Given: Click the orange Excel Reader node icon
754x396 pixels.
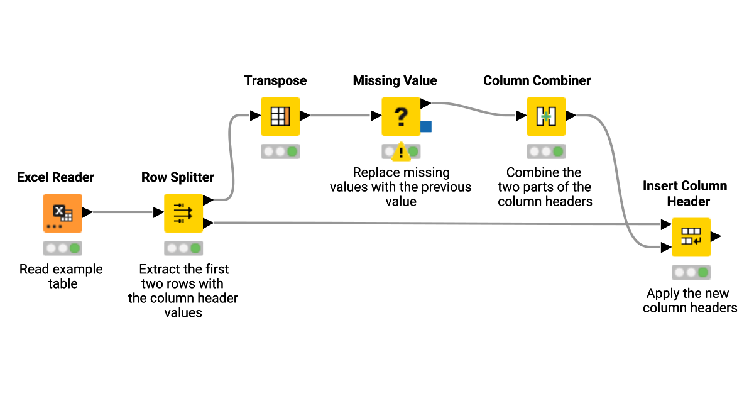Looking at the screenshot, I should coord(62,212).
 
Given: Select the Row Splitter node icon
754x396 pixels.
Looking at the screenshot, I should coord(183,212).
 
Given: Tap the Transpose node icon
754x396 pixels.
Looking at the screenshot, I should coord(280,116).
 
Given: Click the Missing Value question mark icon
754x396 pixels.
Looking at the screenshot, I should coord(400,116).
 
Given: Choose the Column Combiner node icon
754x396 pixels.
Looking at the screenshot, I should coord(545,116).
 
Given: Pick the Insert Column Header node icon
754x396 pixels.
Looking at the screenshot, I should coord(691,237).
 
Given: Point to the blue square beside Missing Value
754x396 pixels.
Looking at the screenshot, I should coord(426,127).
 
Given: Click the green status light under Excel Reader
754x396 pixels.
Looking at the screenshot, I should coord(75,248).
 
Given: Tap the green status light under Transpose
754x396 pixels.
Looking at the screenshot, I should coord(292,151).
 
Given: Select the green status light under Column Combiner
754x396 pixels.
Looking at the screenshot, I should coord(558,151).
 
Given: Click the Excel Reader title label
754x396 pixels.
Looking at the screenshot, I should coord(55,177).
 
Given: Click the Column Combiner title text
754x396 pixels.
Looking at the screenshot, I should coord(537,80).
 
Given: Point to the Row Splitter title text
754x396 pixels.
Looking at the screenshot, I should coord(178,177).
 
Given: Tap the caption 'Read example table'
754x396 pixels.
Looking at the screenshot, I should coord(61,276).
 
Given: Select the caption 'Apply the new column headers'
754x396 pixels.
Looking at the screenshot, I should coord(689,300).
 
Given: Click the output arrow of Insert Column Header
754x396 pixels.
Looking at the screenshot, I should coord(716,237).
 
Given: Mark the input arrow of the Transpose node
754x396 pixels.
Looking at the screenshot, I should coord(255,116).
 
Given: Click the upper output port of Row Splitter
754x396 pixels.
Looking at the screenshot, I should coord(208,201).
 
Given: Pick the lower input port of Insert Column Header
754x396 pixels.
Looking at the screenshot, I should coord(665,248).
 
